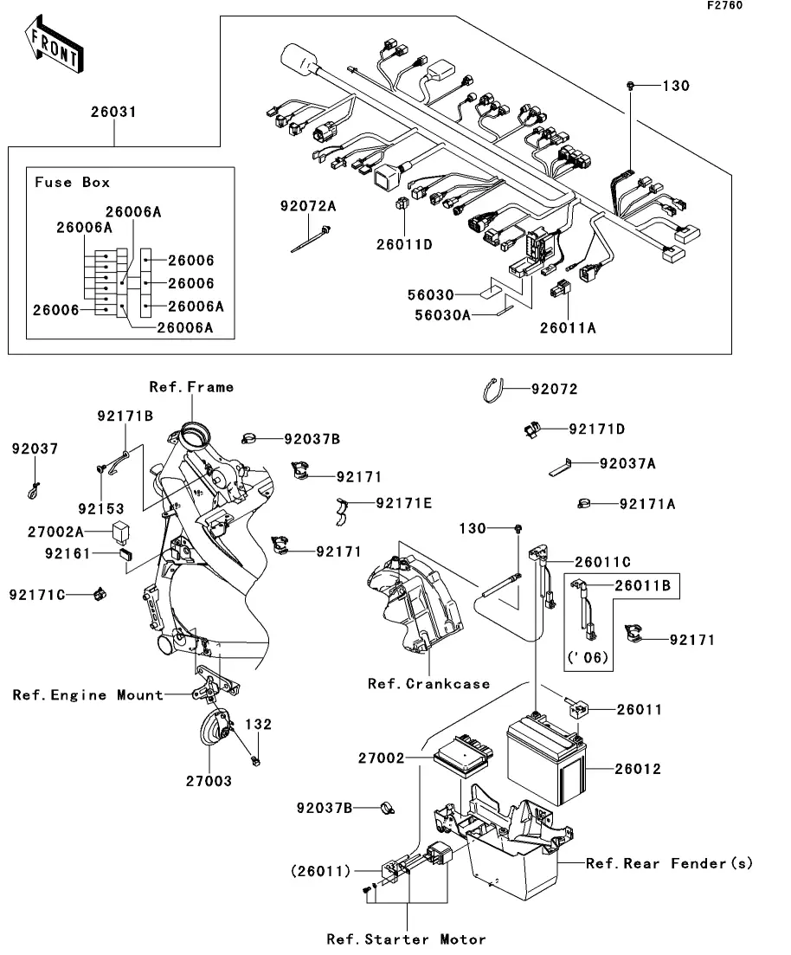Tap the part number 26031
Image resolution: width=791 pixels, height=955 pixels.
(x=113, y=112)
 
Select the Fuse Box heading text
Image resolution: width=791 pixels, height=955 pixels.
(x=72, y=183)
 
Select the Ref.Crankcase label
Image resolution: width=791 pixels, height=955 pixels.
(x=428, y=684)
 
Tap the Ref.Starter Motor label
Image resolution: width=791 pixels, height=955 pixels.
(x=406, y=939)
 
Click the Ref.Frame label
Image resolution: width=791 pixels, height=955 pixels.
(x=191, y=387)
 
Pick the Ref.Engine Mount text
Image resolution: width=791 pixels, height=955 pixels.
(x=87, y=694)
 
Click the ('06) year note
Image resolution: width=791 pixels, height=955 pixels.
(x=588, y=658)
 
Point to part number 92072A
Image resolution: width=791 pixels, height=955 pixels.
(x=308, y=206)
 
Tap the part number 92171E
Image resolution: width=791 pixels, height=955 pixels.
(x=402, y=502)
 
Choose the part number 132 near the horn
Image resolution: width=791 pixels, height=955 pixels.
(x=258, y=724)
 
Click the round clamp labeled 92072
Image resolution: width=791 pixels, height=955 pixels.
(x=494, y=390)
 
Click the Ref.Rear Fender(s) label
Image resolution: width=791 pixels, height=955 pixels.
(x=669, y=863)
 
